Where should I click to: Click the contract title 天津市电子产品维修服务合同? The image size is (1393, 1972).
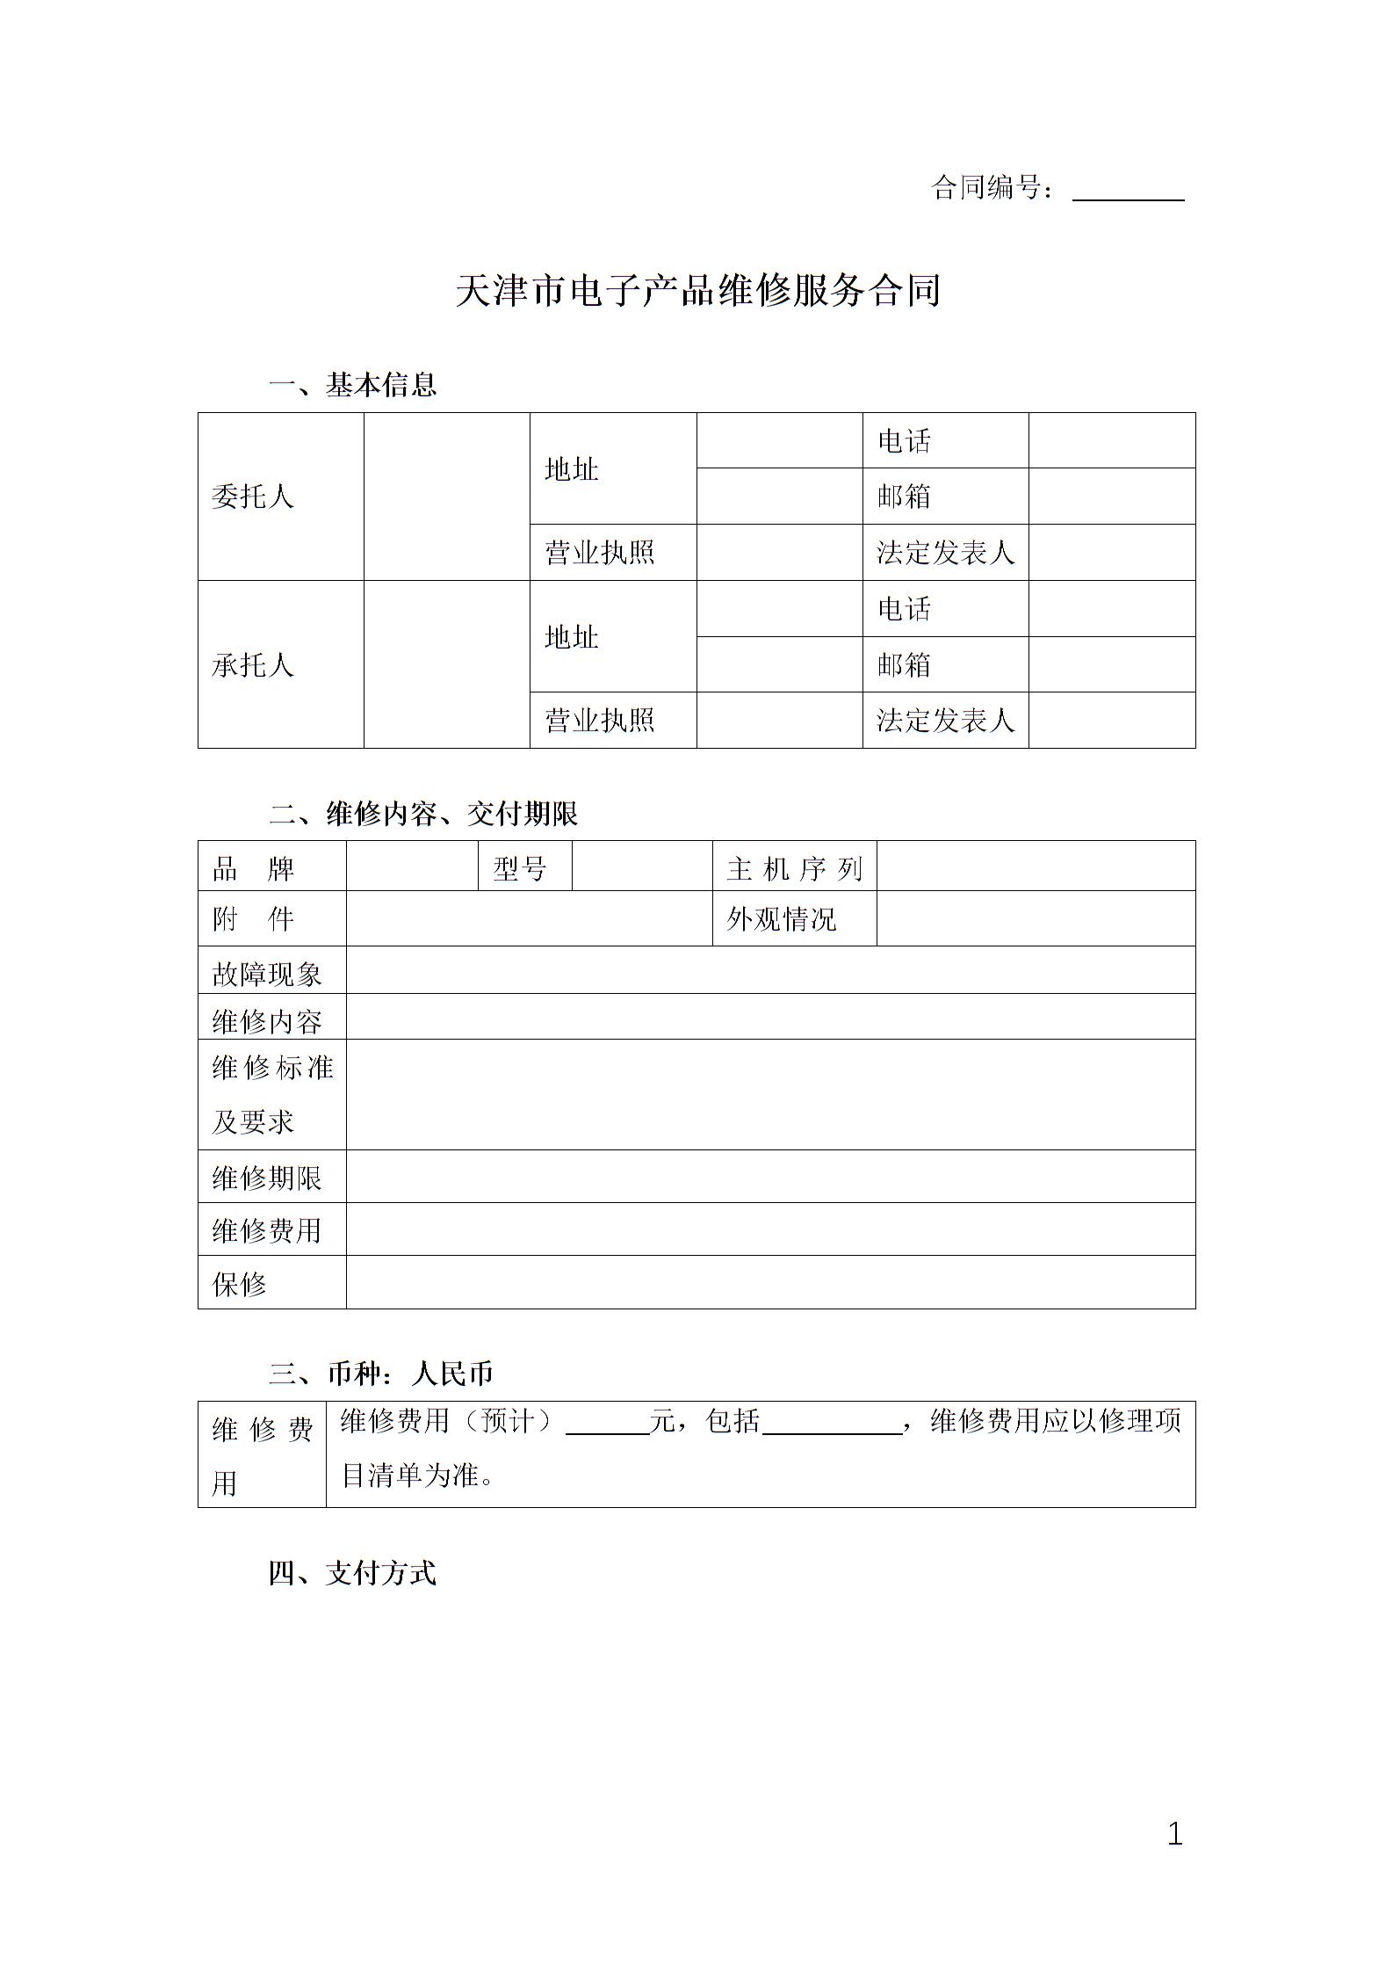(697, 291)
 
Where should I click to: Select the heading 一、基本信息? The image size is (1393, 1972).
(353, 385)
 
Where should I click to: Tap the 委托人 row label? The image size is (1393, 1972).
(253, 497)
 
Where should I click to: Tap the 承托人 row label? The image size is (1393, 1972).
(253, 665)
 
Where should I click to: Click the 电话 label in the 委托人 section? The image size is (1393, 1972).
(904, 440)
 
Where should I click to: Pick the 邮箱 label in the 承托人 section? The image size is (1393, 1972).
(904, 665)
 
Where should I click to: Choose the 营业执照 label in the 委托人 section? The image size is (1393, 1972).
(600, 553)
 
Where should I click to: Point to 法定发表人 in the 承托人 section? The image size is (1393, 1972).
(945, 721)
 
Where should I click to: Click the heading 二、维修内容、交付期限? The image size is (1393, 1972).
(423, 814)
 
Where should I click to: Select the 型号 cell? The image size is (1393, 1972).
(520, 869)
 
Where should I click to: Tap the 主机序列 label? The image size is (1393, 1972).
(794, 869)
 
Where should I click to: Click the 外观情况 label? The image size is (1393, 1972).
(782, 919)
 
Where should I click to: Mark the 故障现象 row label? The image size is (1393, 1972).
(267, 974)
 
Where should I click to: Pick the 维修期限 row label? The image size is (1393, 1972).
(267, 1178)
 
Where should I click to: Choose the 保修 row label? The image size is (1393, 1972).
(239, 1285)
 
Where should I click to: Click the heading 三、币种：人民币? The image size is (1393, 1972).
(381, 1374)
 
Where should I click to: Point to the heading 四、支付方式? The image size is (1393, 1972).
(352, 1573)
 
